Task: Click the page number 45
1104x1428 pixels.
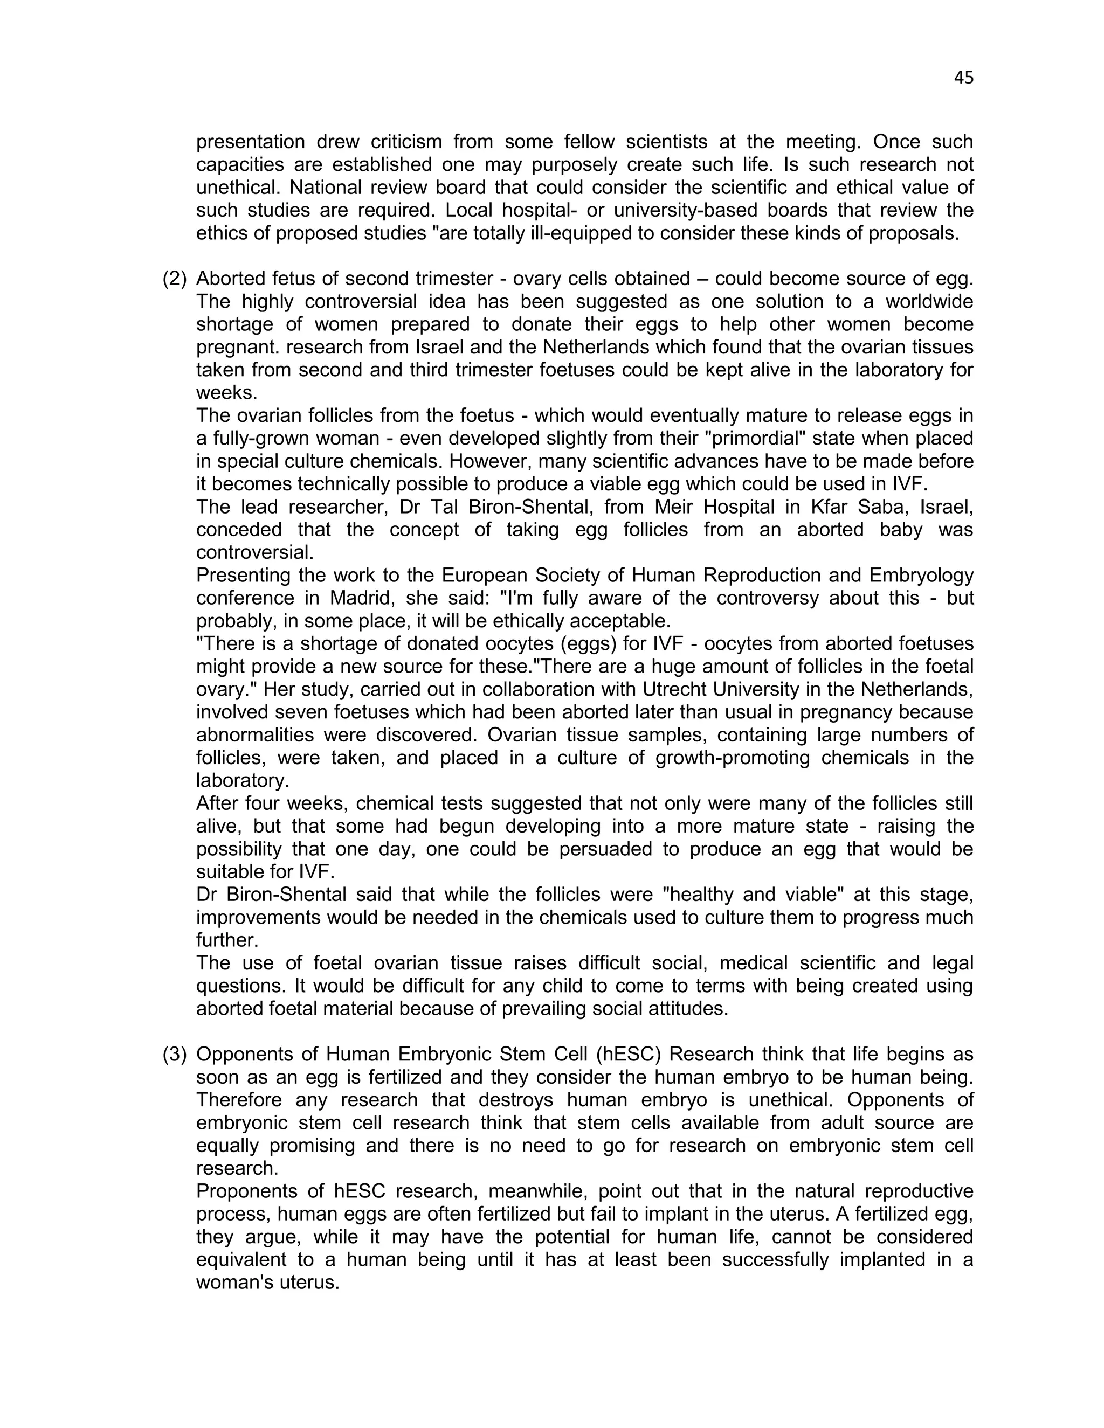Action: (963, 78)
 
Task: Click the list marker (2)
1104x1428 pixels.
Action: (175, 279)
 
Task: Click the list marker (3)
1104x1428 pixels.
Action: (175, 1054)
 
